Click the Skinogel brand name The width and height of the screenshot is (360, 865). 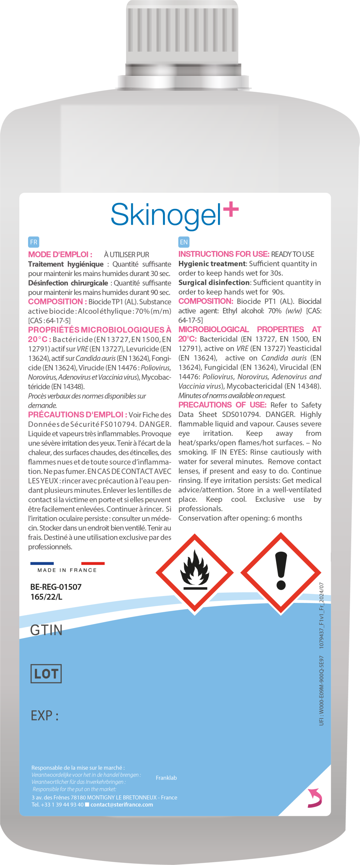click(x=166, y=215)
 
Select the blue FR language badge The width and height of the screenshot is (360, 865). click(x=33, y=242)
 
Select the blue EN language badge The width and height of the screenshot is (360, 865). click(x=184, y=242)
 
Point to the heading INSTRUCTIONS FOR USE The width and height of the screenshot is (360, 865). click(x=224, y=254)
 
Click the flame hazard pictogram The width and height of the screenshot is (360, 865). click(x=195, y=573)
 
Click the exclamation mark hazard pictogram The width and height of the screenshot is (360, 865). click(x=281, y=572)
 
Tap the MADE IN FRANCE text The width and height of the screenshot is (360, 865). click(x=67, y=570)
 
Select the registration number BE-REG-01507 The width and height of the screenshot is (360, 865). click(x=56, y=587)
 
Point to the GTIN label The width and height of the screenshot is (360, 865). click(x=46, y=630)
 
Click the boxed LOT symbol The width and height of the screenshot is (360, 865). click(x=46, y=674)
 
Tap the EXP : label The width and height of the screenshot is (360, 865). click(x=45, y=716)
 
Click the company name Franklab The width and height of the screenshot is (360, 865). click(x=166, y=778)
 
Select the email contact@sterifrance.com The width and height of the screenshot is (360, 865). click(x=122, y=805)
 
